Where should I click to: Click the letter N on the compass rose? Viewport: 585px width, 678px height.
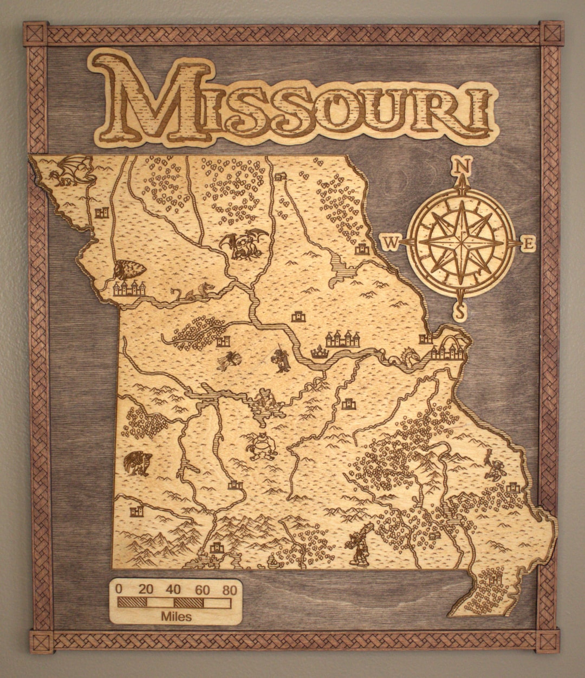460,164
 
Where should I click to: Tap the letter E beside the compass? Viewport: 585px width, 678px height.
529,243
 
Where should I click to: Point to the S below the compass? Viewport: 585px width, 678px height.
460,312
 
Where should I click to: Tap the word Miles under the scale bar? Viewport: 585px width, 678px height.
176,616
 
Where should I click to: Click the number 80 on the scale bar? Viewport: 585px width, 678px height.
229,590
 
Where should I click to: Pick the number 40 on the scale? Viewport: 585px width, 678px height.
174,590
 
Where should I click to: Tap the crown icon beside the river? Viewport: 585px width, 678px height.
320,353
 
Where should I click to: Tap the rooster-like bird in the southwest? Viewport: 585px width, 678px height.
136,464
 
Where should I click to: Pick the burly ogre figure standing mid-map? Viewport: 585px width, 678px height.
262,445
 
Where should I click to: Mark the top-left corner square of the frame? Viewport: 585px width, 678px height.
35,34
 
